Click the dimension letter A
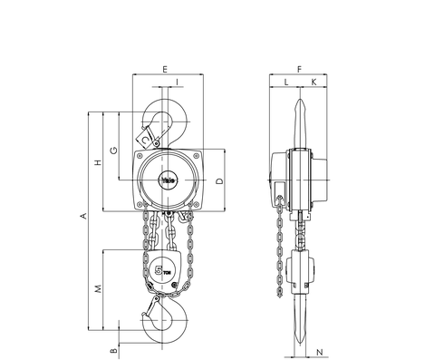coord(82,216)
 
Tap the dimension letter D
coord(220,180)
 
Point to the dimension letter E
coord(164,69)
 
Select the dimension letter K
coord(314,83)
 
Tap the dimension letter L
coord(286,83)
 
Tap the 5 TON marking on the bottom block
coord(164,269)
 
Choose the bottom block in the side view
coord(300,272)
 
